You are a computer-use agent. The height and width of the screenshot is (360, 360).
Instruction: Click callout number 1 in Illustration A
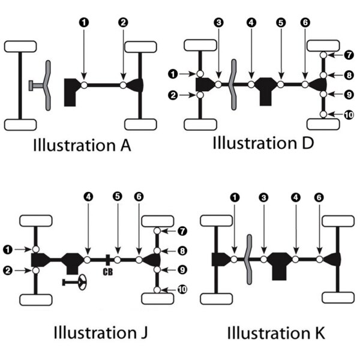(83, 22)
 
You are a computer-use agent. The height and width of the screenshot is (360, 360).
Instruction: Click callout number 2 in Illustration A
(123, 22)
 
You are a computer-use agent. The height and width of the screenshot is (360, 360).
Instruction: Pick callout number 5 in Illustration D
(280, 22)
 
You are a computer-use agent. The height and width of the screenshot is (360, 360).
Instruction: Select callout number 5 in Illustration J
(118, 196)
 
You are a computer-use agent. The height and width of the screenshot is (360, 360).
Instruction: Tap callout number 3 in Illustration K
(263, 196)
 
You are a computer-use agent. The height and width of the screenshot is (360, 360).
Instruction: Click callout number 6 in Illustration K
(319, 196)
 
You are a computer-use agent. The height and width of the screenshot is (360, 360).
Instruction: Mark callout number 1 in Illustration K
(235, 196)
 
